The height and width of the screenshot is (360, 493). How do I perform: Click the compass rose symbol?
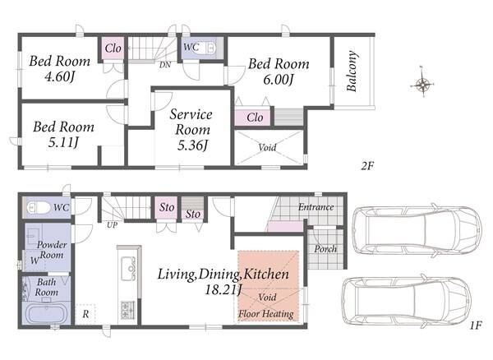tap(423, 84)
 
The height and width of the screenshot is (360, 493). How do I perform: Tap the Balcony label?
tap(352, 71)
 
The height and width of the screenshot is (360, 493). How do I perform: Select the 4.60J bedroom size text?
tap(59, 76)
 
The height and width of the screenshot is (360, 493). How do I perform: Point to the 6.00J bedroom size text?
tap(279, 79)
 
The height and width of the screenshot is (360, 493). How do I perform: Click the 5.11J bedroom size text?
tap(63, 142)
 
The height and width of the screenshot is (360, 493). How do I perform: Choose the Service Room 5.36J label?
tap(191, 130)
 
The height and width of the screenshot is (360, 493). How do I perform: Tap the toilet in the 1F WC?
tap(39, 207)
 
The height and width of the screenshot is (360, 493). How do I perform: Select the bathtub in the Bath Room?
tap(47, 313)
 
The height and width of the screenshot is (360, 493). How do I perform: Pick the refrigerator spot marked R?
tap(85, 314)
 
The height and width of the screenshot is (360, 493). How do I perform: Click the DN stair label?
tap(165, 65)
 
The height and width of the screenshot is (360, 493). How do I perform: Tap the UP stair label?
tap(113, 225)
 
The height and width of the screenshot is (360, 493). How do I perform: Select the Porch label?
tap(325, 249)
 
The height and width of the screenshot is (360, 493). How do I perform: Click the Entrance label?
tap(316, 207)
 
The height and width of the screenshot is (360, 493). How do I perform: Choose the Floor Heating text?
tap(266, 313)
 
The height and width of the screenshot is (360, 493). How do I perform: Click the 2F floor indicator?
tap(367, 166)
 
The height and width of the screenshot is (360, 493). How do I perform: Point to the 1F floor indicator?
tap(476, 325)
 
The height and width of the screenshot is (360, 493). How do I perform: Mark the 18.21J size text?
tap(223, 289)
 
